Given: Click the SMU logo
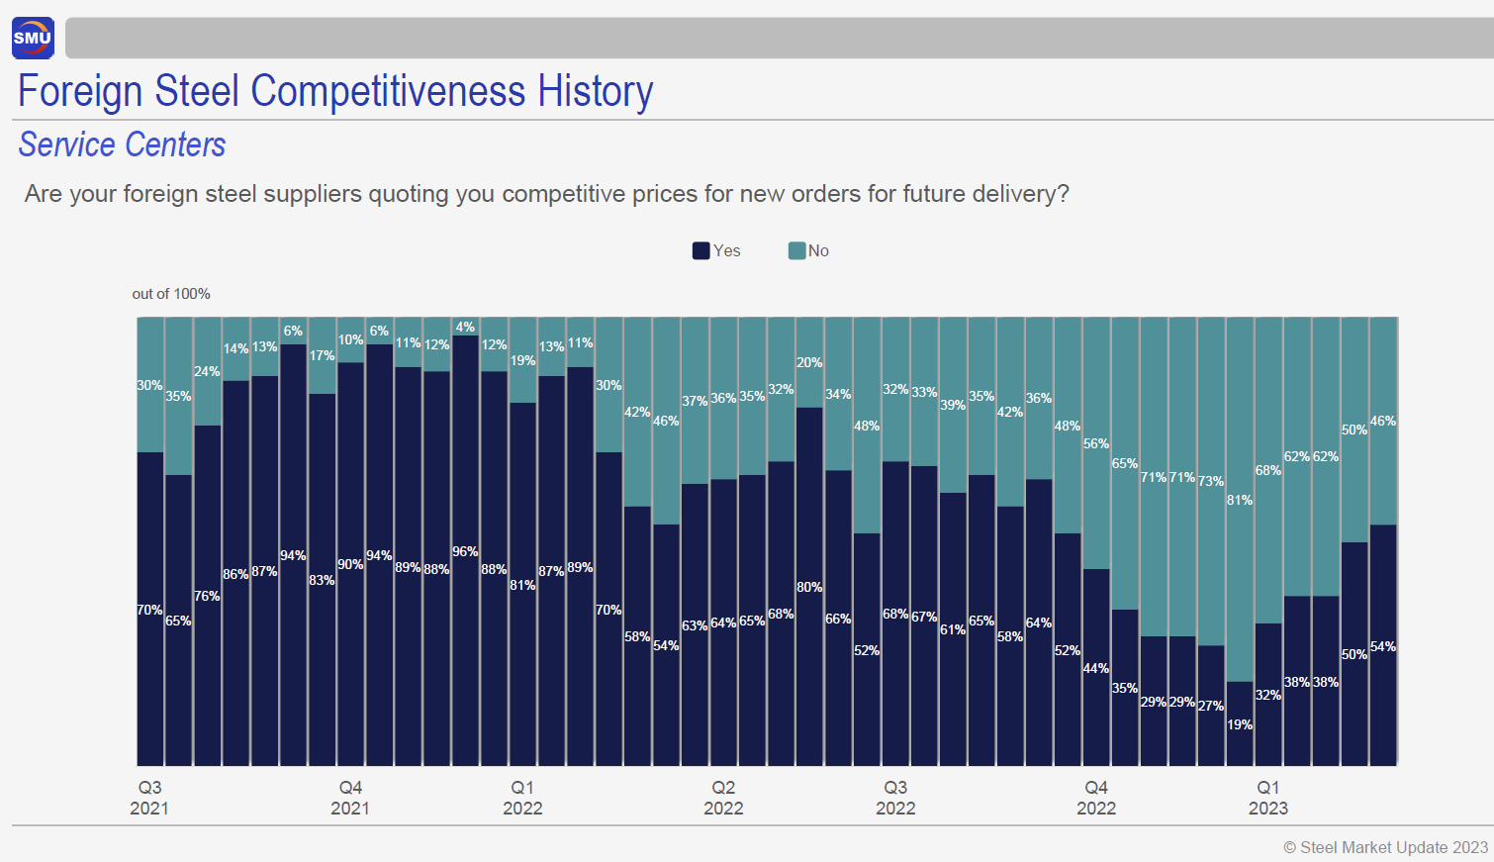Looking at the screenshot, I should click(33, 39).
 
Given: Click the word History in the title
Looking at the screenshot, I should click(595, 92).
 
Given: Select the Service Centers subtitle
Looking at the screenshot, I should click(122, 145).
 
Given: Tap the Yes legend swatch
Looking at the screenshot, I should click(700, 250).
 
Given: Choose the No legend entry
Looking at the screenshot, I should click(808, 250).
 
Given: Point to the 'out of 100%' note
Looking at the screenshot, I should click(171, 294).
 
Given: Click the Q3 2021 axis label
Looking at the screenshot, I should click(149, 798).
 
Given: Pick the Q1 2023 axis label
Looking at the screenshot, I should click(1267, 798).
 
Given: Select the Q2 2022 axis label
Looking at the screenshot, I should click(723, 798).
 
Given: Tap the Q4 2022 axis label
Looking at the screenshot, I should click(1095, 798).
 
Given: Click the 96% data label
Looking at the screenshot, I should click(465, 551).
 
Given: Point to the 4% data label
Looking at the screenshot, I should click(465, 327).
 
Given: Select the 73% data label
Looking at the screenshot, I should click(1211, 481).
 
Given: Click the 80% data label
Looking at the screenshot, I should click(809, 587).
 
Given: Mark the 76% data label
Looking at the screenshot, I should click(207, 596).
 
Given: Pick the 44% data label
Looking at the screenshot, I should click(1095, 668).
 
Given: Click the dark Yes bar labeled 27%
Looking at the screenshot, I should click(1211, 732).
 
